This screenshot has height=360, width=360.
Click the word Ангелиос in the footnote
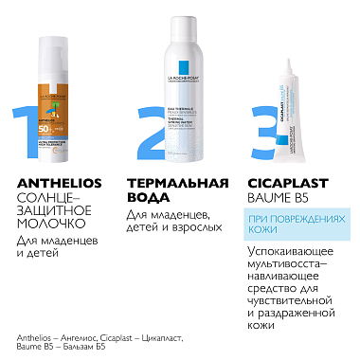[80, 338]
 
